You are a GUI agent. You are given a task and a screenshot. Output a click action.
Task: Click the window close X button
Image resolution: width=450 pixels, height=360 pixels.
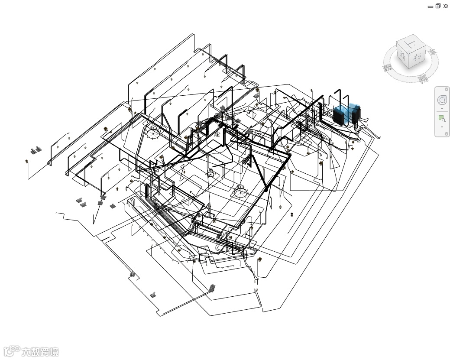[x=446, y=6]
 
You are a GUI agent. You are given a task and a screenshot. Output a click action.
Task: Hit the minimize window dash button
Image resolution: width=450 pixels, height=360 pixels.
[x=430, y=6]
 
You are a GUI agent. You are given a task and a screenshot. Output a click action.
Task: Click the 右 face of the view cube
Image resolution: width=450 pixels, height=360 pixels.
[x=417, y=58]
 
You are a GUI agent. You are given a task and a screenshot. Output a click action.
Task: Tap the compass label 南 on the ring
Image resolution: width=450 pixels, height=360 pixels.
[x=422, y=79]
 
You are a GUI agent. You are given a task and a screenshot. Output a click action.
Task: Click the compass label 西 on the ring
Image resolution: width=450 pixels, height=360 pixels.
[x=387, y=68]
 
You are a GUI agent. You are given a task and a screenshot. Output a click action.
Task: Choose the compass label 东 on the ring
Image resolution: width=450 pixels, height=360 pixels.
[x=432, y=52]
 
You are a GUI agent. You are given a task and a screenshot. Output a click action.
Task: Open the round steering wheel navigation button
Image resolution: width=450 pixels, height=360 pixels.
[x=442, y=101]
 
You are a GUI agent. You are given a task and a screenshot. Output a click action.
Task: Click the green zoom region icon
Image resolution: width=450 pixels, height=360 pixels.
[x=441, y=118]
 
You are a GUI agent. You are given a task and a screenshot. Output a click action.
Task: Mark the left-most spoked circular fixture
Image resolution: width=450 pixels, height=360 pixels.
[x=152, y=133]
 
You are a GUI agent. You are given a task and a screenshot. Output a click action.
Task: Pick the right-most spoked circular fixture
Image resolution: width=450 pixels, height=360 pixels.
[x=240, y=191]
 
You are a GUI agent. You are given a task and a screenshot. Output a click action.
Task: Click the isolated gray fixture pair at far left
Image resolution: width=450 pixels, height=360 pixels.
[x=36, y=150]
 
